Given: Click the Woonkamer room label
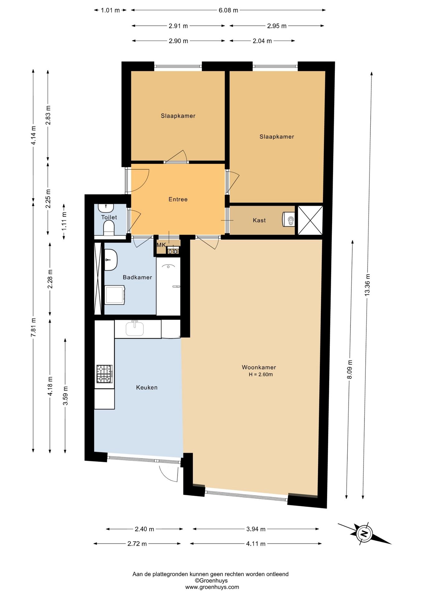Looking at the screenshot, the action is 259,367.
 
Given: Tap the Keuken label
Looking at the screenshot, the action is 147,387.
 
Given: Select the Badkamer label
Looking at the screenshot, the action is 137,277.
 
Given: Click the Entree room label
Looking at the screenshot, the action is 178,199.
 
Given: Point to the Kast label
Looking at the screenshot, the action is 259,220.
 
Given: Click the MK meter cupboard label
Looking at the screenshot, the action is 161,245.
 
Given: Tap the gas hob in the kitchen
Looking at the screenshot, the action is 104,374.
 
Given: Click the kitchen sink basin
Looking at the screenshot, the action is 135,329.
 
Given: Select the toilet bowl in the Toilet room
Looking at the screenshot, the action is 109,227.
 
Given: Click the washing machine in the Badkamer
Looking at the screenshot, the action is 115,295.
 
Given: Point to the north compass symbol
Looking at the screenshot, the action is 364,534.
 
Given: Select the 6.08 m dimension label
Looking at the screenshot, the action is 228,10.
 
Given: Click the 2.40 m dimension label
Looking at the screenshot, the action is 145,529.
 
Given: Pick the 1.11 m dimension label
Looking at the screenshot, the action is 64,221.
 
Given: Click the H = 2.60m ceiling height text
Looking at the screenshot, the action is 261,374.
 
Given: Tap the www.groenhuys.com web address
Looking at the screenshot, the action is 212,587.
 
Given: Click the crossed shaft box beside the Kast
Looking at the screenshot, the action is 310,220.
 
